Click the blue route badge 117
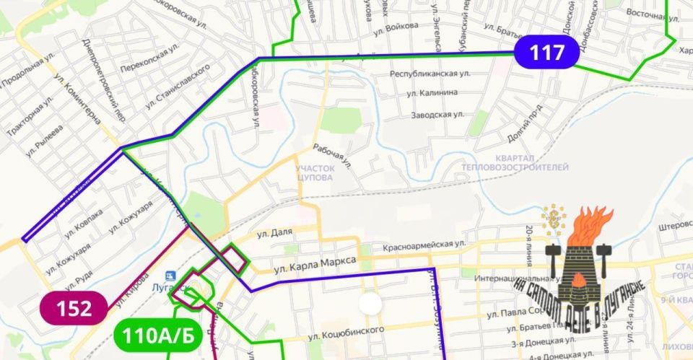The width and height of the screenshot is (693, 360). [547, 53]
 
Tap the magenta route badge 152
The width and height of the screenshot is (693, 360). [74, 309]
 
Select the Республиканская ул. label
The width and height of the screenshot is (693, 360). [430, 74]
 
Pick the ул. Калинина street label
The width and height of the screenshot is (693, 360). [432, 92]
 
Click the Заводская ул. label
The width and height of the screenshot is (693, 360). [437, 115]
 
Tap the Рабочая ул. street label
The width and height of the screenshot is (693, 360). [333, 156]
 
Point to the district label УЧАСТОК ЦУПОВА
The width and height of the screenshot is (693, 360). [314, 172]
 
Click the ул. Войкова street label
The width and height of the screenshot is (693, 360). [396, 27]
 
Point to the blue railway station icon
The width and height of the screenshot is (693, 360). [170, 276]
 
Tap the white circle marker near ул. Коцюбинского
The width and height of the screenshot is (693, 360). [371, 303]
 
